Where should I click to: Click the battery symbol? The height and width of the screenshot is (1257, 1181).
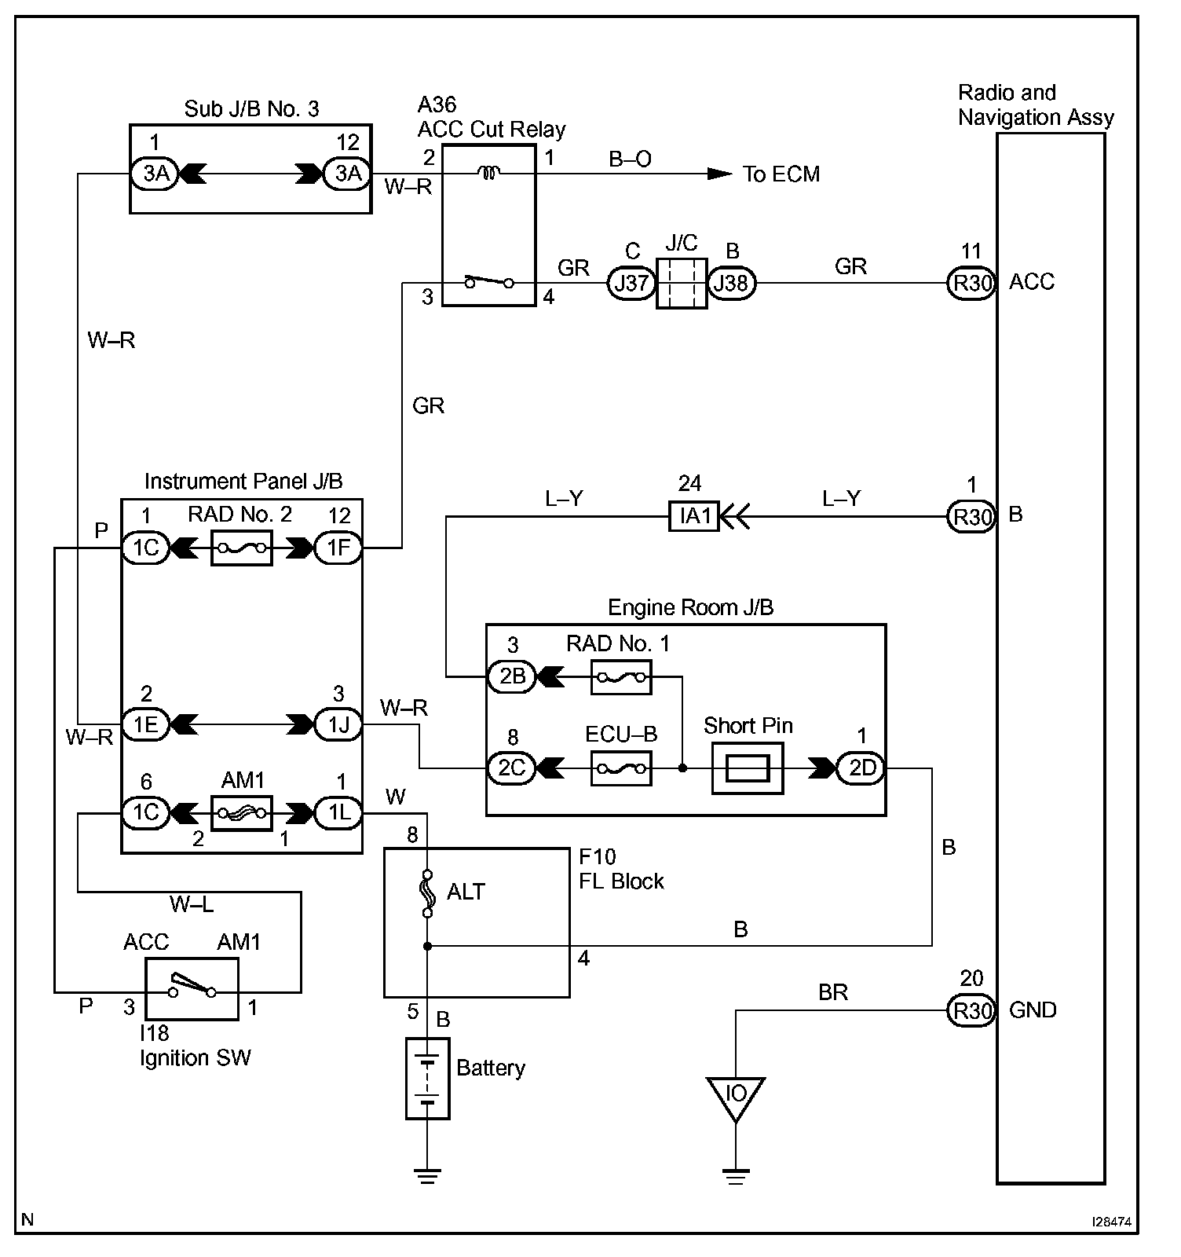tap(427, 1078)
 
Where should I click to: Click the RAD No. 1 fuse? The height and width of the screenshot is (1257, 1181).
tap(620, 677)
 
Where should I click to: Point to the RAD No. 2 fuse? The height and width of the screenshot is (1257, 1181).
tap(242, 548)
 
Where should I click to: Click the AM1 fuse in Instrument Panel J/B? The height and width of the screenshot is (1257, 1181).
tap(242, 812)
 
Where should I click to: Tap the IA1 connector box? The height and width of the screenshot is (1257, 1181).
tap(694, 517)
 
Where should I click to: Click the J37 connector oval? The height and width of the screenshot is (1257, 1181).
tap(631, 283)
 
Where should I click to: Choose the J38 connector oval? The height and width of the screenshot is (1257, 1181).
tap(732, 283)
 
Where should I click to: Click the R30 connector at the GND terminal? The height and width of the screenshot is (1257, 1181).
tap(972, 1010)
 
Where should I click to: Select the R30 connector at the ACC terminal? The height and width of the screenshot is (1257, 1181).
tap(972, 283)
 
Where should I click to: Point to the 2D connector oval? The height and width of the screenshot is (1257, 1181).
tap(861, 768)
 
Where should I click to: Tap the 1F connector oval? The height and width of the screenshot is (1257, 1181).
tap(338, 548)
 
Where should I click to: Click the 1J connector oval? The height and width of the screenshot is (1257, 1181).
tap(338, 724)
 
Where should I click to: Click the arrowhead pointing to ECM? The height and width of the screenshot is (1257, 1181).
tap(718, 174)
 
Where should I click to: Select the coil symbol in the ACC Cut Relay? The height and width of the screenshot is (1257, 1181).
tap(488, 174)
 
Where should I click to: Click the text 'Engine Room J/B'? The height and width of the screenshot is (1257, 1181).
tap(690, 607)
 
